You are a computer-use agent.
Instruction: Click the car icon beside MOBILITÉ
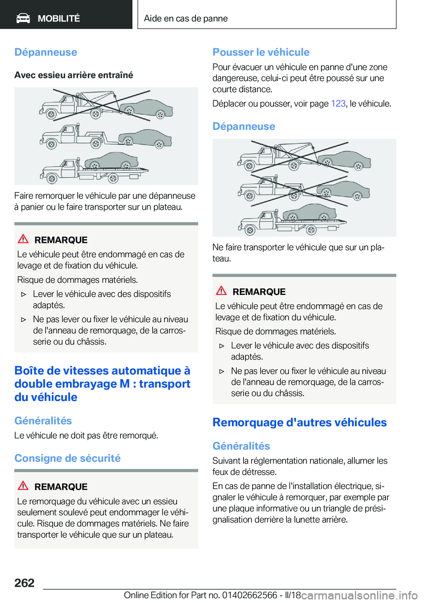point(23,18)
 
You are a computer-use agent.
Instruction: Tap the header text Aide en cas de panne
point(185,19)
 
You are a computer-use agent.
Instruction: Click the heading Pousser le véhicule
point(261,52)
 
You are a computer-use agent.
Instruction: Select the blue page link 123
point(338,104)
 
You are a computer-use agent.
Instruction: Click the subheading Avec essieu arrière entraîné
point(73,75)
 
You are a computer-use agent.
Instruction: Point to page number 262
point(24,583)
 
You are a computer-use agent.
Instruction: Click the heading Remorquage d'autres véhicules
point(299,422)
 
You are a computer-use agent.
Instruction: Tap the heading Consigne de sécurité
point(67,458)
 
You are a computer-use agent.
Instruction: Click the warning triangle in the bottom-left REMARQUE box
point(23,486)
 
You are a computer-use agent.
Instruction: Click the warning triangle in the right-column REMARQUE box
point(221,291)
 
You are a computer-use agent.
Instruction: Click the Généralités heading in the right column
point(241,446)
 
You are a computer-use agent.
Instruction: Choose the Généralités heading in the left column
point(43,421)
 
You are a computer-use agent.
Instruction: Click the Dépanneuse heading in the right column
point(244,127)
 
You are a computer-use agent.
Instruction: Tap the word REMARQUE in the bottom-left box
point(61,487)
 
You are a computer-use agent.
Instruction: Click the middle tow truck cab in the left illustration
point(66,135)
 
